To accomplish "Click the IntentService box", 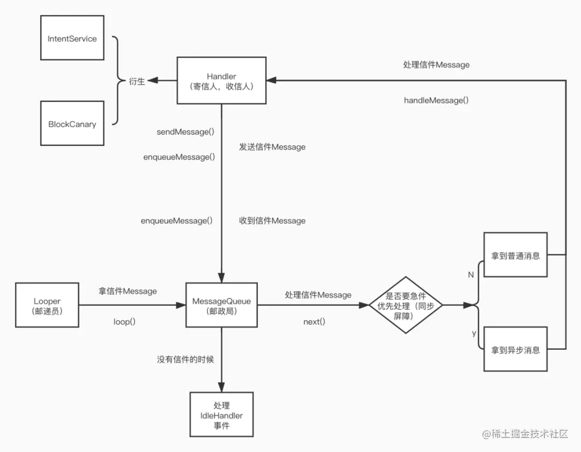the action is coord(72,38).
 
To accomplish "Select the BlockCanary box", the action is coord(72,123).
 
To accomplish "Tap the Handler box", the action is coord(222,80).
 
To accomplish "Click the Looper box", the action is coord(47,305).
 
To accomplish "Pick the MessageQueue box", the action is coord(222,305).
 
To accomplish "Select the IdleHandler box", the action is coord(222,414).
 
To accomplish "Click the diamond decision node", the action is coord(406,305).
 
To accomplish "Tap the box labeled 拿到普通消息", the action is coord(515,255).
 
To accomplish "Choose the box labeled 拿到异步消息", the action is coord(515,349).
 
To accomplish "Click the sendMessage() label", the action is coord(185,132).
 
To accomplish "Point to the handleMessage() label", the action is coord(436,101).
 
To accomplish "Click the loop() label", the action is coord(124,322).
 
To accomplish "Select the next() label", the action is coord(314,322).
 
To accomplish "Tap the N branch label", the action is coord(471,275).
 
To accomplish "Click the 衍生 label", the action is coord(137,81).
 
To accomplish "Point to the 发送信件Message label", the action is coord(272,147).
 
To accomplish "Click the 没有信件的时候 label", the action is coord(185,359).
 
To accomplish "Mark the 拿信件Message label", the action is coord(127,291).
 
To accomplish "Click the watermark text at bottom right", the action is coord(525,434).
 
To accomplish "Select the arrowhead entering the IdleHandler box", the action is coord(222,387).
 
